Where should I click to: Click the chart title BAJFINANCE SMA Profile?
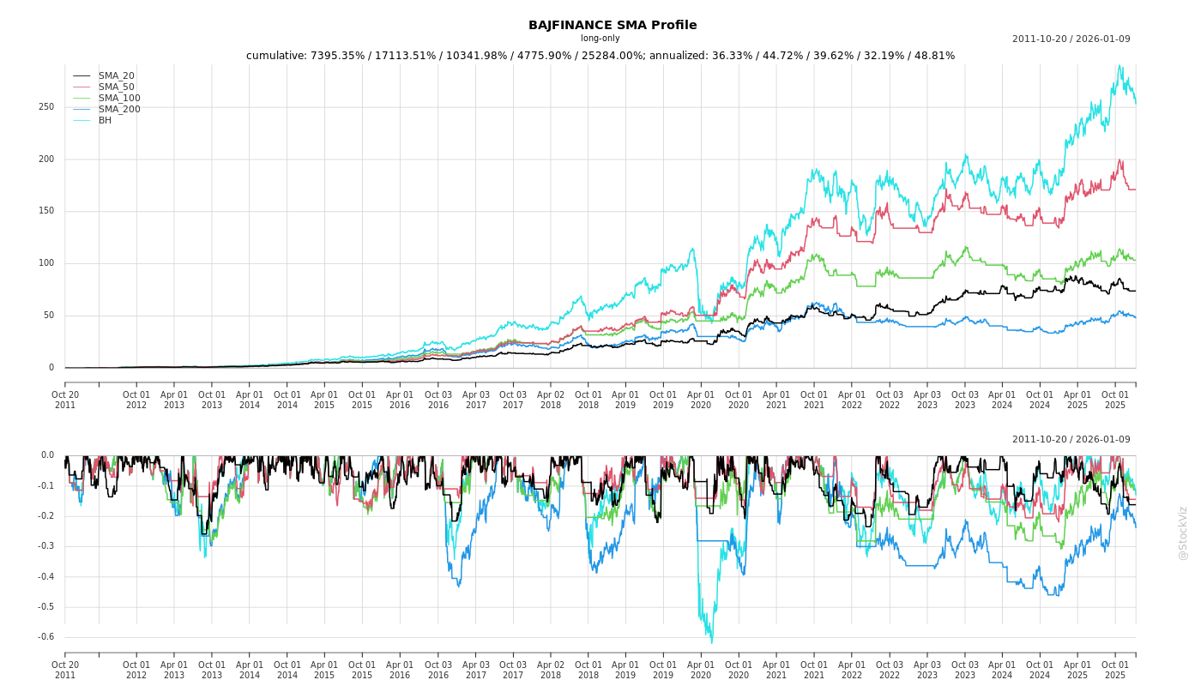tap(613, 25)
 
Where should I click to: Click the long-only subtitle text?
tap(600, 38)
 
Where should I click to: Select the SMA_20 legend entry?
tap(116, 75)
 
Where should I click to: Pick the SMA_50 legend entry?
tap(116, 87)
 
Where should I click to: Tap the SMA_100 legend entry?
tap(119, 98)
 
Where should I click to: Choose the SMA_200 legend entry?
tap(119, 109)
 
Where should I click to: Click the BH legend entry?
tap(105, 120)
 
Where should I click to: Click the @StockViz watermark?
tap(1183, 533)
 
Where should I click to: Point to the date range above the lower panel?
tap(1071, 439)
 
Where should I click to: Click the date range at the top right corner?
tap(1071, 39)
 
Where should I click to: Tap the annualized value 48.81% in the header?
tap(932, 56)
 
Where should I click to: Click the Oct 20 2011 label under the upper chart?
tap(65, 400)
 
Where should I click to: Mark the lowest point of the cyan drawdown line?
tap(711, 642)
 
